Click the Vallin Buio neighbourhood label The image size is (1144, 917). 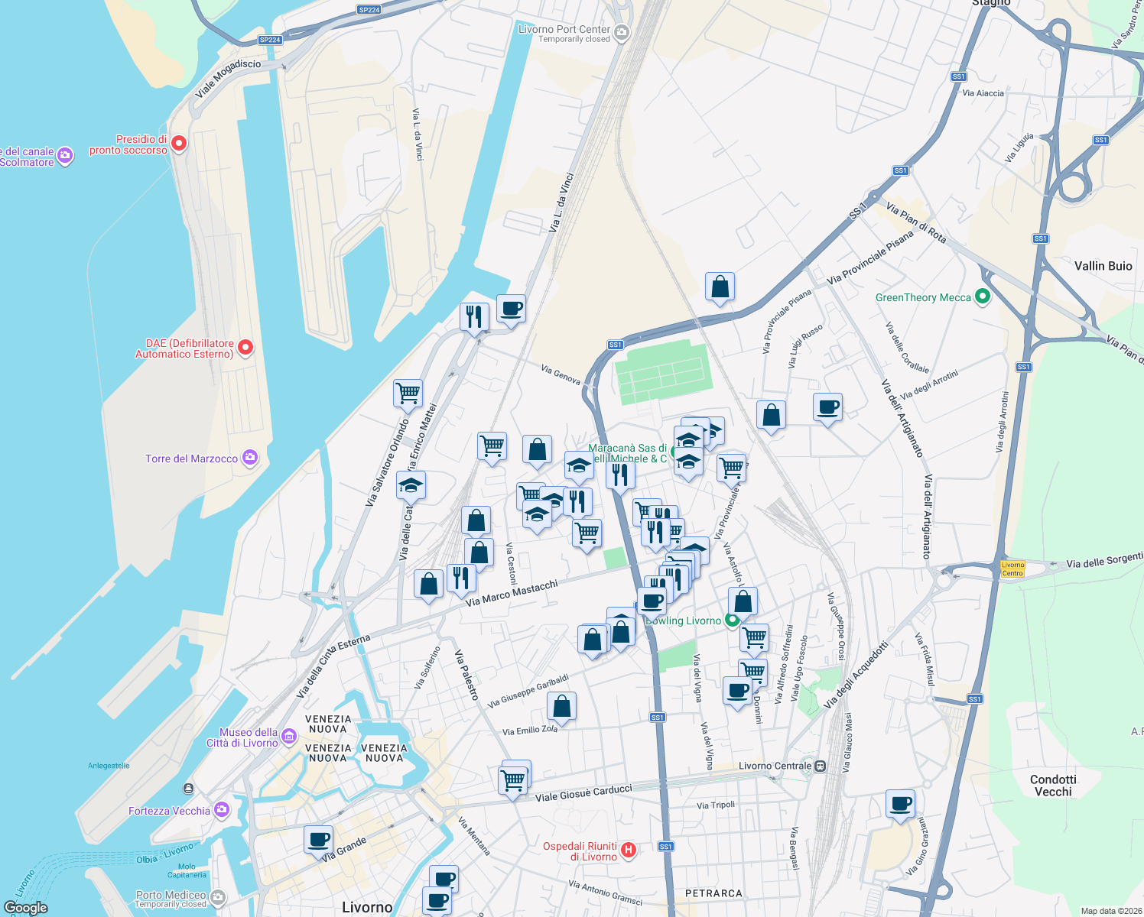tap(1103, 266)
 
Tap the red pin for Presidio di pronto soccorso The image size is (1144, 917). tap(179, 144)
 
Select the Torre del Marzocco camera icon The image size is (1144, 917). tap(250, 458)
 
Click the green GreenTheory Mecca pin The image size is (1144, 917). tap(983, 296)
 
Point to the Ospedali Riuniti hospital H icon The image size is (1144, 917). tap(629, 850)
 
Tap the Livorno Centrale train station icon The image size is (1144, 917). tap(821, 766)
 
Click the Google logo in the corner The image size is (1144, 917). tap(26, 908)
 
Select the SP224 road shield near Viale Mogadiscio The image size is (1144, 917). tap(270, 40)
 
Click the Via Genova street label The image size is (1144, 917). tap(561, 374)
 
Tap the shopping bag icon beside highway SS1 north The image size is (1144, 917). tap(720, 287)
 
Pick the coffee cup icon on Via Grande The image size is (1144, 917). tap(318, 840)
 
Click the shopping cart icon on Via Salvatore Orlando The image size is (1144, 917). tap(408, 394)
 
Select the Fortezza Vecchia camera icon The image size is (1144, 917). tap(222, 809)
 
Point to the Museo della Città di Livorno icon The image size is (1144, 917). tap(288, 736)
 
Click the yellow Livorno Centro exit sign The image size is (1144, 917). tap(1012, 569)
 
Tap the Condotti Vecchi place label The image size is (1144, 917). tap(1053, 786)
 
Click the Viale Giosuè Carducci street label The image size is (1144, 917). tap(583, 793)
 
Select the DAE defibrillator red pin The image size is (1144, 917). tap(245, 348)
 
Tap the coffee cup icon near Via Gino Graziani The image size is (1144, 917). tap(901, 804)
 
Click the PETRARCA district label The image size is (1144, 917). tap(713, 893)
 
